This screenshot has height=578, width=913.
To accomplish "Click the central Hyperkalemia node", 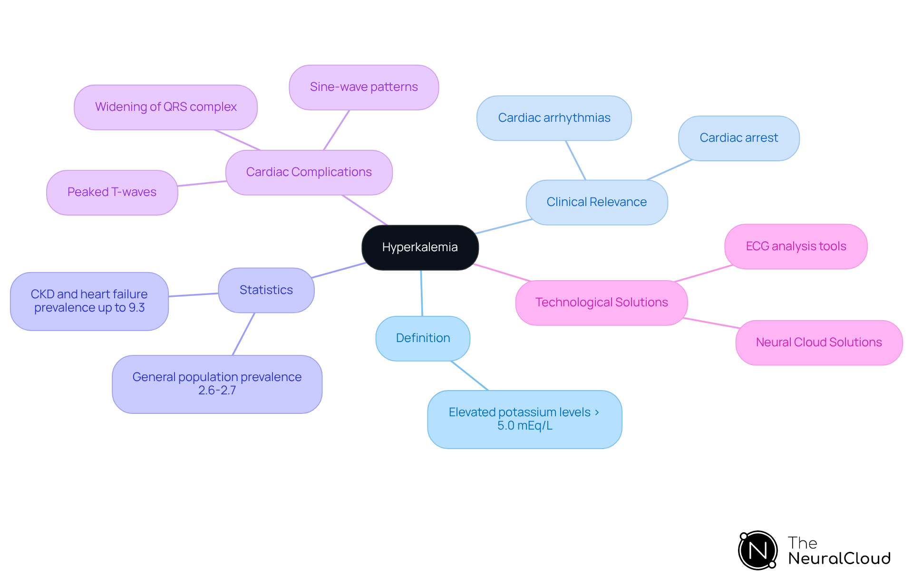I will point(420,247).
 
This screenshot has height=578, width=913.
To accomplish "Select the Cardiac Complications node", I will point(309,172).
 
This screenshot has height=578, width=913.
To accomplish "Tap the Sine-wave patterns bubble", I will point(364,87).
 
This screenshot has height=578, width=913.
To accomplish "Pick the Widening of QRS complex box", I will point(165,107).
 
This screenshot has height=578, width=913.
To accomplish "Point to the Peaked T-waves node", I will point(112,192).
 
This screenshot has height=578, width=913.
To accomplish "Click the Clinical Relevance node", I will point(596,202).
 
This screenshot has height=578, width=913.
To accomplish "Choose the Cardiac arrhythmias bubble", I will point(554,118).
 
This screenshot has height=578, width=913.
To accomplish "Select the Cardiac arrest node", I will point(738,138).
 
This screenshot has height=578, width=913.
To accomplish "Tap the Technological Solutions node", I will point(602,303).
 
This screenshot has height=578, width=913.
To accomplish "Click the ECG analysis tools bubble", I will point(796,246).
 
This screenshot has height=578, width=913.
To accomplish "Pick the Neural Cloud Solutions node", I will point(818,343).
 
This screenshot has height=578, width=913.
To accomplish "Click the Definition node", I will point(423,338).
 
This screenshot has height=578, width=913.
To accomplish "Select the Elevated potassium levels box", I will point(524,419).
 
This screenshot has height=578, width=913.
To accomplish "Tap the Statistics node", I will point(266,290).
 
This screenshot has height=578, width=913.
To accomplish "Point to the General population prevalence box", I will point(217,384).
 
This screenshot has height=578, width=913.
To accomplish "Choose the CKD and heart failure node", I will point(89,301).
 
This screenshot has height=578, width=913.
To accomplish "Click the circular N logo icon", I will point(758,550).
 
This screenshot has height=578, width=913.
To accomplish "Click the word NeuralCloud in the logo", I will point(839,558).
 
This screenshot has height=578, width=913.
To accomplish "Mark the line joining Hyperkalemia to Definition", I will point(421,293).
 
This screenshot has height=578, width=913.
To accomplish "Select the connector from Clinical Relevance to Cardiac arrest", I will point(669,170).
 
